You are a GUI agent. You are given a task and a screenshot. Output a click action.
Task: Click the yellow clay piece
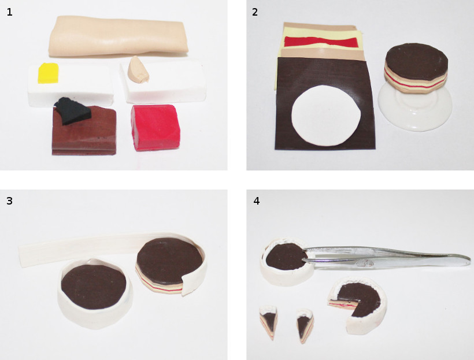coord(48,73)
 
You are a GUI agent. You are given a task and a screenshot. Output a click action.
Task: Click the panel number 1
coord(10,12)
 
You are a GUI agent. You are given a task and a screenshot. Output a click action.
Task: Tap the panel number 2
coord(255,12)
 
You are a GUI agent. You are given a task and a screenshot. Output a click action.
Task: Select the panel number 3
coord(9,201)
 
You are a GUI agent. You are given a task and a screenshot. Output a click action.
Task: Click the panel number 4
coord(256,201)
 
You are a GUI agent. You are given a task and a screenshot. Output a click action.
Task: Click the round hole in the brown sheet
coord(326,116)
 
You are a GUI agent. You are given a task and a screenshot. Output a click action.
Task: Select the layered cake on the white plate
coord(416,69)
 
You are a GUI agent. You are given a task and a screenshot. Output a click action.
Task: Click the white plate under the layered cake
coord(415,109)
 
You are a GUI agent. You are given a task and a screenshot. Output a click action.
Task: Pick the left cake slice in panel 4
coord(269,322)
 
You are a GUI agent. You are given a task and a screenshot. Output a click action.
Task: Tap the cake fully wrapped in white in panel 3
coord(95,292)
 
